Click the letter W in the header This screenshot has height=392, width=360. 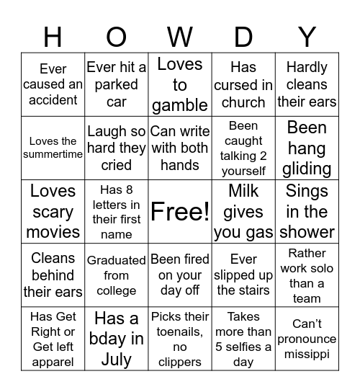[180, 36]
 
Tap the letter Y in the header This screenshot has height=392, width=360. [307, 36]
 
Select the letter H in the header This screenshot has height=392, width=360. [53, 36]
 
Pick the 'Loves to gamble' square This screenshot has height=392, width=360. [180, 84]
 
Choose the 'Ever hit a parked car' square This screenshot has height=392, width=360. [117, 84]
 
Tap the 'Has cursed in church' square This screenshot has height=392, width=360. [243, 84]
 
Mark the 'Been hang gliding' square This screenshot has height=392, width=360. [307, 148]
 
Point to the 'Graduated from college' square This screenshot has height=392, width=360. [117, 275]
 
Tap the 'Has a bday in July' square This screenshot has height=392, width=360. [117, 339]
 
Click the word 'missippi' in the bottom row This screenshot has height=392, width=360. [307, 354]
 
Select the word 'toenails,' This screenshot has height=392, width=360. [180, 331]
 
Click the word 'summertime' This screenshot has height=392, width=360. [53, 154]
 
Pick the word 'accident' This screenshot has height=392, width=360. [53, 101]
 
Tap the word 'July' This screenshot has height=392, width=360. [117, 359]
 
